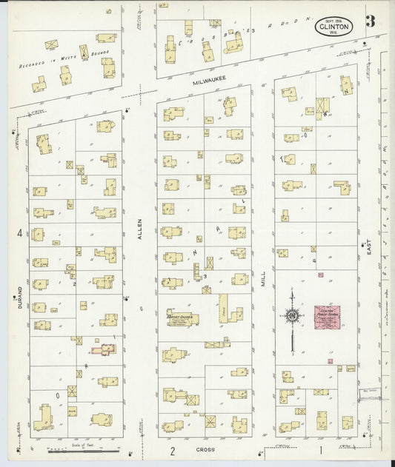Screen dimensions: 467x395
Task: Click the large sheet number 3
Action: (369, 21)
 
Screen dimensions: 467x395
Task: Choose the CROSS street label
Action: (205, 449)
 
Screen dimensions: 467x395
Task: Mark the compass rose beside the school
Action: (293, 317)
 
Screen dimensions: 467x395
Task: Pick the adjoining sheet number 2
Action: (171, 450)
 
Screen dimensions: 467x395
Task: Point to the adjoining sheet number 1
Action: (322, 449)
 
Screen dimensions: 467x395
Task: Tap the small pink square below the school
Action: (349, 366)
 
